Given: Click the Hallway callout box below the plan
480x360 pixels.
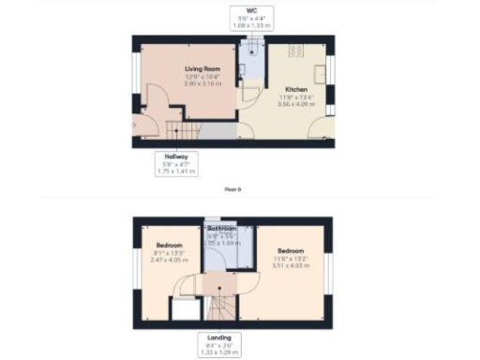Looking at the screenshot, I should [175, 163].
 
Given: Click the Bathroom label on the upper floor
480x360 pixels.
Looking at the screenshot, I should [222, 229].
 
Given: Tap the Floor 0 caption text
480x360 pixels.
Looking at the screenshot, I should [232, 189].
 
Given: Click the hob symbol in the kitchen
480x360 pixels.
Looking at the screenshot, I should [296, 50].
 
